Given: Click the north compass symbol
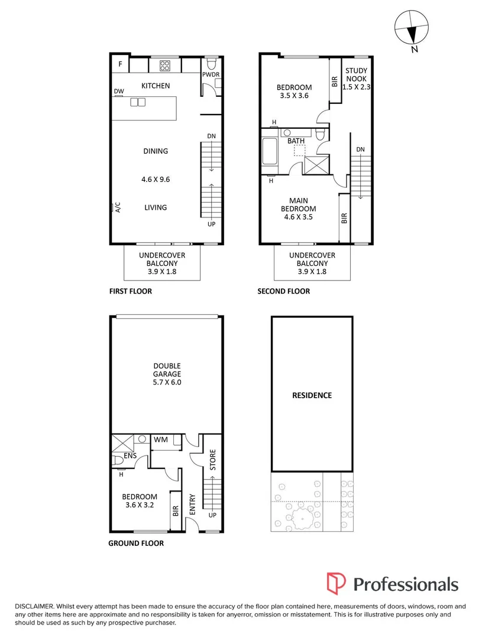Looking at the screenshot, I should point(409,28).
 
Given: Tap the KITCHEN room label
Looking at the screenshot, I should point(156,86).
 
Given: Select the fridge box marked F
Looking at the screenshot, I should point(121,64).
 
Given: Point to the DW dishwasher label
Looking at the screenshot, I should point(119,92).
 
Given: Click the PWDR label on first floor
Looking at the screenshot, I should point(211,75).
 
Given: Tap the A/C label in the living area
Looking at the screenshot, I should point(117,207).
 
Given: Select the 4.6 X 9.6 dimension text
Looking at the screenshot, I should point(156,180).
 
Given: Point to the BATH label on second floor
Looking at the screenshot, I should point(296,141).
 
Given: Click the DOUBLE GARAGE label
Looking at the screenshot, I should point(166,370).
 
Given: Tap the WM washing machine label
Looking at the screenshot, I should point(160,440).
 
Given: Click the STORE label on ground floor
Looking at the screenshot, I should point(213,460).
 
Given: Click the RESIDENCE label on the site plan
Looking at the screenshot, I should point(312,395).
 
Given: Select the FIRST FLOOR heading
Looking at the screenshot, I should point(131,291).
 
